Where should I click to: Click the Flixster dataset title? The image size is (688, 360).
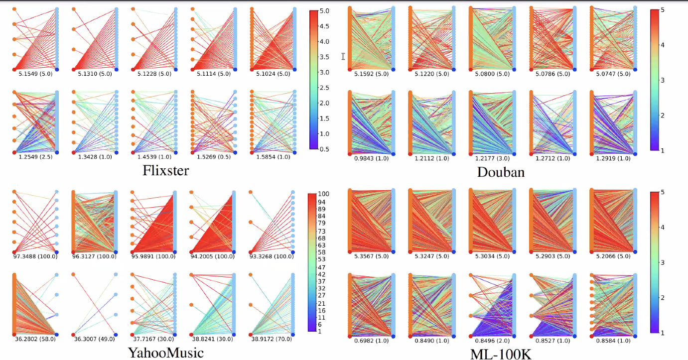click(x=166, y=171)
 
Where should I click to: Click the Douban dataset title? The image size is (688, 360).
click(x=501, y=172)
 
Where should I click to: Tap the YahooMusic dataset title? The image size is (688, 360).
click(x=166, y=353)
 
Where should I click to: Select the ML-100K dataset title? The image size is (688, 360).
click(x=501, y=354)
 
